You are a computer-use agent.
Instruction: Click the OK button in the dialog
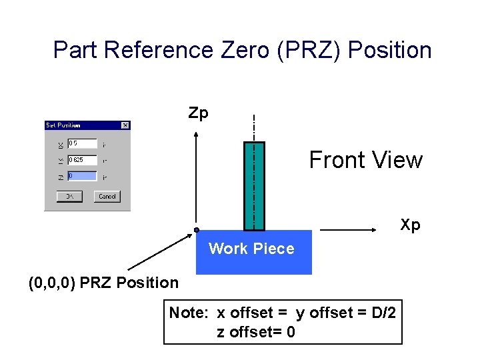point(69,196)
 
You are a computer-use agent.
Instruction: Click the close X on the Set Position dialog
point(125,125)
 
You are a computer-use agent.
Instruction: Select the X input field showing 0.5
point(81,143)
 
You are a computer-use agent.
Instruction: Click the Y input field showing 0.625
point(81,160)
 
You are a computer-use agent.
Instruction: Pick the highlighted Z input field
point(81,177)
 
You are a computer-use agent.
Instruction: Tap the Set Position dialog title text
point(63,125)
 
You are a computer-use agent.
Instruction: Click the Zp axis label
point(198,113)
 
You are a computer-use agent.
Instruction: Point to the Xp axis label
point(410,225)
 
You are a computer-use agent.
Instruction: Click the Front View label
point(365,160)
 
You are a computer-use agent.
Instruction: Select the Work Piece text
point(251,249)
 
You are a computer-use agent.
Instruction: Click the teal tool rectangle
point(254,186)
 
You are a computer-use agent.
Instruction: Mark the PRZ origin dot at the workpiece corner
point(197,230)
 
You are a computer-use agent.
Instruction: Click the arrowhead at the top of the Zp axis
point(196,135)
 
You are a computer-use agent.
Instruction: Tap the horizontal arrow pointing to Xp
point(353,230)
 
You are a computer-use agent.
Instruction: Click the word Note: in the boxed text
point(190,313)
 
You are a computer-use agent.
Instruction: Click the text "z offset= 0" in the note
point(256,331)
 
